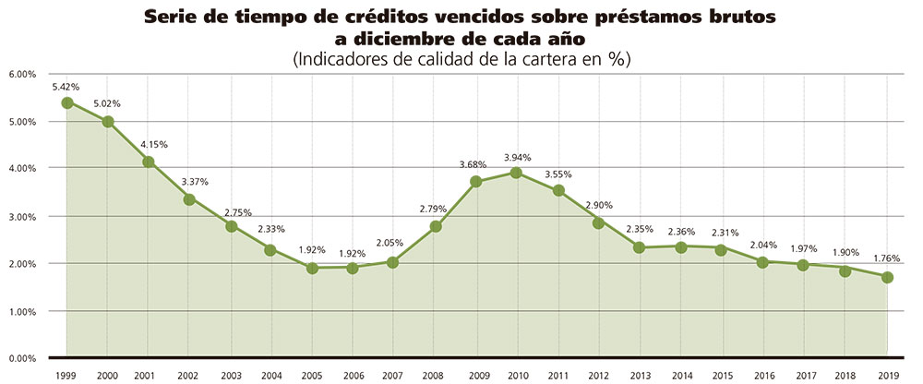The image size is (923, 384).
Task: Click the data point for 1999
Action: [67, 102]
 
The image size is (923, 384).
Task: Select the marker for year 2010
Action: [517, 173]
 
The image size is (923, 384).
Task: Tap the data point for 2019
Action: [887, 277]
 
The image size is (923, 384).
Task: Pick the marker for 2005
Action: [312, 268]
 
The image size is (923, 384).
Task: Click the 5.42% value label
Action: [66, 87]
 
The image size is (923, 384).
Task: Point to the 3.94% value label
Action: [517, 158]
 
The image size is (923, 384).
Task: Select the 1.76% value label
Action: [886, 259]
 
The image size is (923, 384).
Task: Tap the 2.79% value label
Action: [435, 210]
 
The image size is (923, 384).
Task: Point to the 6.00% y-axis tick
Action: [21, 74]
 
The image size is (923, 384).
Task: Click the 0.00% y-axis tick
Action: [21, 358]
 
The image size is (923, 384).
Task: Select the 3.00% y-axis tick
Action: [21, 216]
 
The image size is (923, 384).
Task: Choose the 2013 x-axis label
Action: [640, 376]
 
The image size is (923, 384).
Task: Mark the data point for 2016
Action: [763, 262]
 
